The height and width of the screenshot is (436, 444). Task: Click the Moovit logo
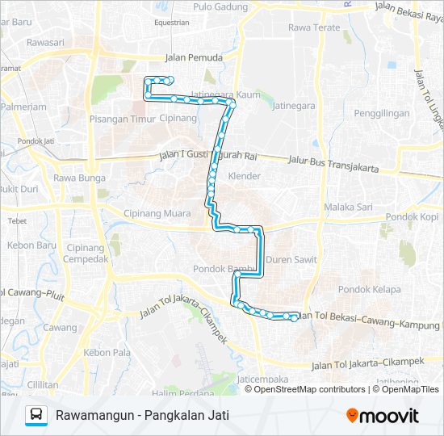click(x=383, y=416)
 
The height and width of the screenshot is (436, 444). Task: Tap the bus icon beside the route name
click(x=36, y=416)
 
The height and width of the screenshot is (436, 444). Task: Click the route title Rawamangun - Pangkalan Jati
click(x=142, y=416)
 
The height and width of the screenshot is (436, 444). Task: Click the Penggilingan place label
click(x=382, y=114)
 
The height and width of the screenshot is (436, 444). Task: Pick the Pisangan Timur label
click(x=120, y=118)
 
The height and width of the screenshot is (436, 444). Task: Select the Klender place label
click(x=245, y=176)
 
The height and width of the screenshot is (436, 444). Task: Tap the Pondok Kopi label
click(x=412, y=216)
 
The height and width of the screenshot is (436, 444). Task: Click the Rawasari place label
click(x=46, y=43)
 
